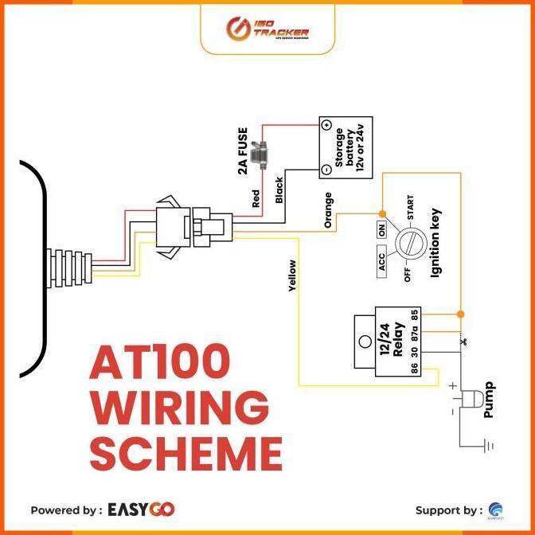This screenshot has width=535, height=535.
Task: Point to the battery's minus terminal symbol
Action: pyautogui.click(x=326, y=170)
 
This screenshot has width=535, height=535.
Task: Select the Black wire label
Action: pyautogui.click(x=279, y=190)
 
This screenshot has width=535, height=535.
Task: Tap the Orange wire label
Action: pyautogui.click(x=328, y=210)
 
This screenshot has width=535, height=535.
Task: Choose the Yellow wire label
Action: pyautogui.click(x=292, y=276)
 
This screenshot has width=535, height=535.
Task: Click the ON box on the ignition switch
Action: pyautogui.click(x=381, y=230)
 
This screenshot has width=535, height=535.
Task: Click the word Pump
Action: pyautogui.click(x=489, y=399)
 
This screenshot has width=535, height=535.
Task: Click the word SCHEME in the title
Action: pyautogui.click(x=185, y=453)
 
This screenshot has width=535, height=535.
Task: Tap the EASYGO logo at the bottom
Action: pyautogui.click(x=142, y=509)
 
